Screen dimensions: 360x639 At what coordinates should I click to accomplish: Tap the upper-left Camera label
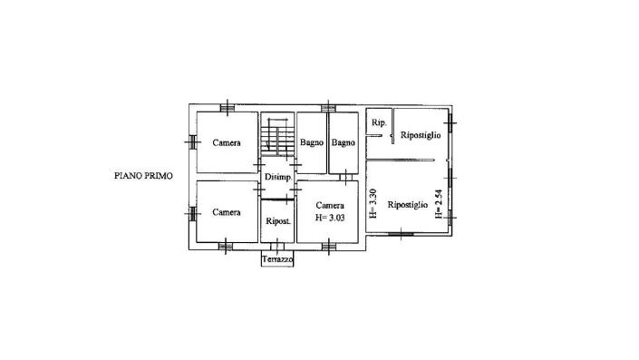pos(227,142)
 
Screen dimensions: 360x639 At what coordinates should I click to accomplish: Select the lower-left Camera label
pos(227,212)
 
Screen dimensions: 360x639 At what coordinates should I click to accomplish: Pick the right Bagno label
pos(343,142)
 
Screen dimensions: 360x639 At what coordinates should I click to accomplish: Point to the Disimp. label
pos(277,177)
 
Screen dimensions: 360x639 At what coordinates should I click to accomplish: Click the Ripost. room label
pos(277,221)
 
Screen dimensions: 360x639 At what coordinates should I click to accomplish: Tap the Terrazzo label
pos(277,260)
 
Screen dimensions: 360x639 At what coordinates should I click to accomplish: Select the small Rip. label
pos(379,122)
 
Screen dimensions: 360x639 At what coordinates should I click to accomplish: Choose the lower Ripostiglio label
pos(408,205)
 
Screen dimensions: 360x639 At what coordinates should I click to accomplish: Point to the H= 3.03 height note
pos(330,218)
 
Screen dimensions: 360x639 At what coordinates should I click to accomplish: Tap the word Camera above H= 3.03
pos(330,206)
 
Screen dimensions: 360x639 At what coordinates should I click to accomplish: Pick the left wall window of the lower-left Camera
pos(192,214)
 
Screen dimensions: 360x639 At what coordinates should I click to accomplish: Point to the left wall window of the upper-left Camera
pos(192,140)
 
